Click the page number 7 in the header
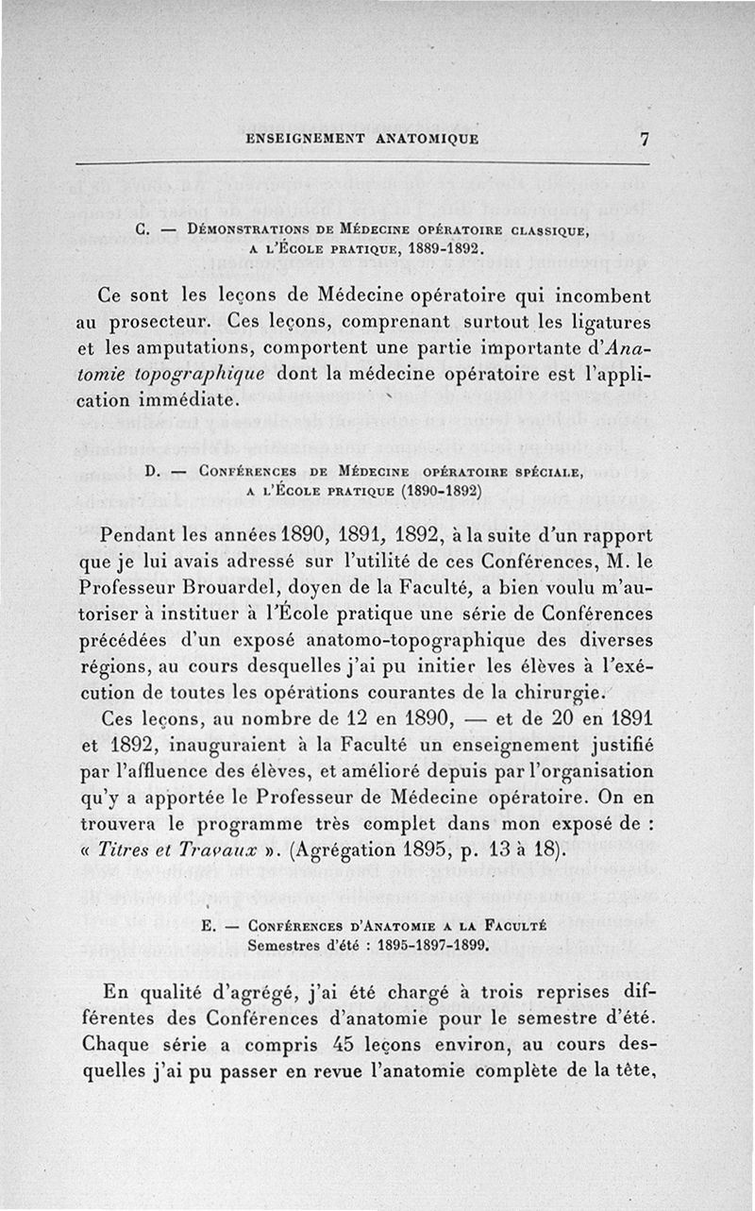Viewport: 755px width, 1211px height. pos(645,139)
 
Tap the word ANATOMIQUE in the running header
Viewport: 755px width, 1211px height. pos(427,139)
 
